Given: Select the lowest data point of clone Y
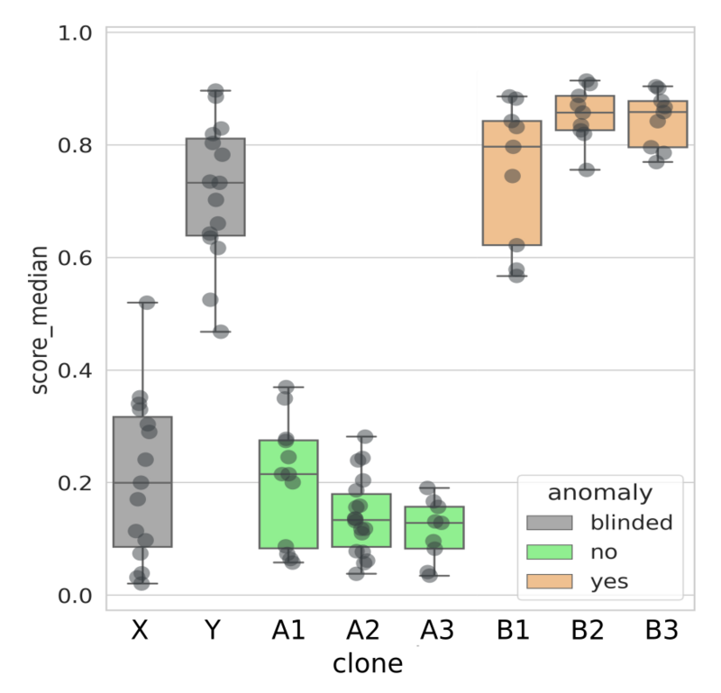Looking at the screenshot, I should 221,332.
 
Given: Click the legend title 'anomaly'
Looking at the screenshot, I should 600,492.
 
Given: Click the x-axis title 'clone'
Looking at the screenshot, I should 367,664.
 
